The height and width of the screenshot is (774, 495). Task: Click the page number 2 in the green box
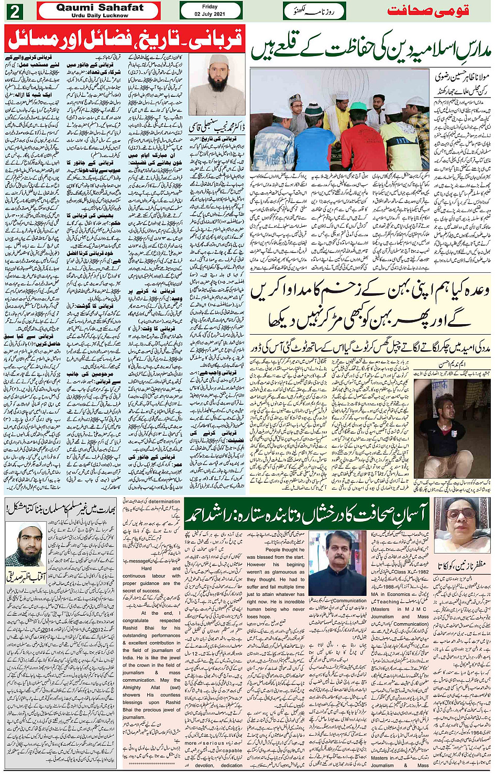pos(14,11)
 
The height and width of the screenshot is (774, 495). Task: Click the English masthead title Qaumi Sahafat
pos(100,7)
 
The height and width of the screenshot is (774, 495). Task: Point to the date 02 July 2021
pos(210,14)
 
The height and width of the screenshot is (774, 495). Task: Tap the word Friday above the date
pos(210,7)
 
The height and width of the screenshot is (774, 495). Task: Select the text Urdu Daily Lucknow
pos(100,16)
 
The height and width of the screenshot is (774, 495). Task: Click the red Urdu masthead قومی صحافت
pos(428,11)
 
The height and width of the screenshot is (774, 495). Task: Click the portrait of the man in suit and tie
pos(337,563)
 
